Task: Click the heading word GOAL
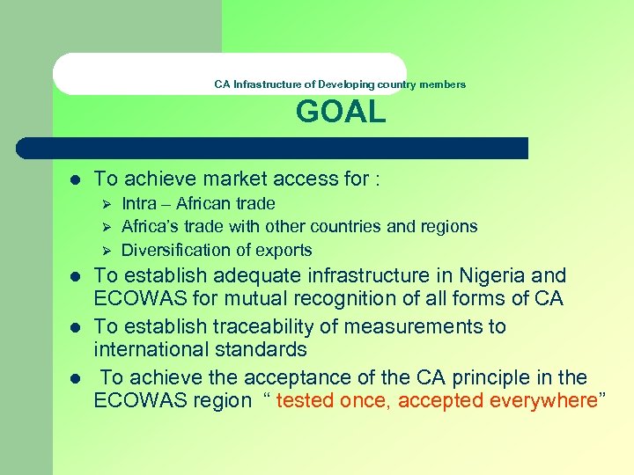[341, 113]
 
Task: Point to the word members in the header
[443, 84]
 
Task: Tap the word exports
[283, 250]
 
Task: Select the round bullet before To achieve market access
[75, 179]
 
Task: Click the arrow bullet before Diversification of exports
[106, 250]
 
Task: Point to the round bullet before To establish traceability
[75, 326]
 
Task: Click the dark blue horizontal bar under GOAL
[291, 148]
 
